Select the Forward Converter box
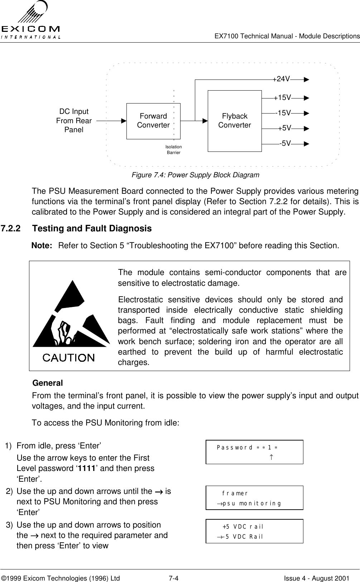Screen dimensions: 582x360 point(153,121)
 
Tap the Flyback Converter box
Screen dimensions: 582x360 point(235,121)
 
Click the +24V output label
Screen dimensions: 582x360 point(282,79)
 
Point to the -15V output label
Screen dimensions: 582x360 point(283,113)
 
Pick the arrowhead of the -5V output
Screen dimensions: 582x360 point(306,144)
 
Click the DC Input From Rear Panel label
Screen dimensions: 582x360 point(74,121)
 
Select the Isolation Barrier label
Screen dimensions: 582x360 point(174,150)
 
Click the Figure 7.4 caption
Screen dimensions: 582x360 point(195,175)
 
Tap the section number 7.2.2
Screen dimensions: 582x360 point(10,229)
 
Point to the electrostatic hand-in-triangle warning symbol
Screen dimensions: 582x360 point(71,315)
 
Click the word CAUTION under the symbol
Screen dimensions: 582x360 point(69,357)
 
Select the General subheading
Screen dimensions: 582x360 point(47,383)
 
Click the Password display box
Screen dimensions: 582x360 point(254,452)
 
